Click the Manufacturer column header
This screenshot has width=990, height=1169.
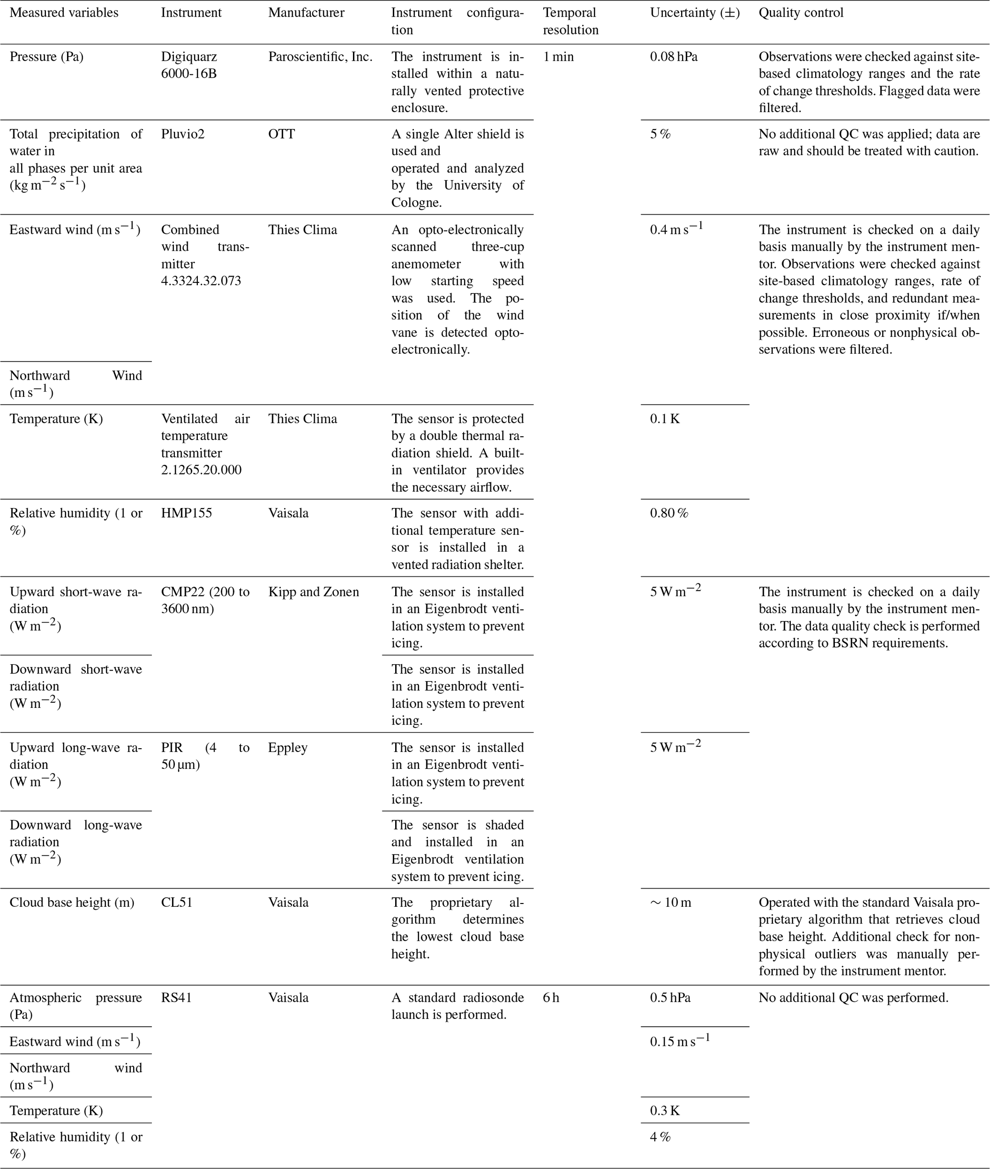tap(306, 13)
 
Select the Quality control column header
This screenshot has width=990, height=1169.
tap(800, 13)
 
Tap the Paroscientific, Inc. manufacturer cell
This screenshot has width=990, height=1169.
tap(320, 57)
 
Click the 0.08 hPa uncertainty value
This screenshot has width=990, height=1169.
tap(673, 57)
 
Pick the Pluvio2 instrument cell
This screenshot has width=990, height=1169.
tap(182, 134)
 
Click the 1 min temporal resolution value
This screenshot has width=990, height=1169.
tap(558, 57)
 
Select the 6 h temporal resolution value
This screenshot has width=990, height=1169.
tap(551, 998)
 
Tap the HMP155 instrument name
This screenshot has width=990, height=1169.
tap(186, 513)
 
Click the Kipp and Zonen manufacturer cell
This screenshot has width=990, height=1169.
tap(313, 592)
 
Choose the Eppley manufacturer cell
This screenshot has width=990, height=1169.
tap(287, 748)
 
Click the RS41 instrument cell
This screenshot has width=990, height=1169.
tap(176, 998)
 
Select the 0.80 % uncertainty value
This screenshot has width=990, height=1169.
tap(669, 513)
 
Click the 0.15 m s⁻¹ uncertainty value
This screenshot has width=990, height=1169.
tap(680, 1041)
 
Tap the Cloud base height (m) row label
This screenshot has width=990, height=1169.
tap(72, 903)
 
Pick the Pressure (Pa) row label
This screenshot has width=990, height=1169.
tap(46, 57)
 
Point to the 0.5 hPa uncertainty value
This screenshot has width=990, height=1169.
tap(670, 998)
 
